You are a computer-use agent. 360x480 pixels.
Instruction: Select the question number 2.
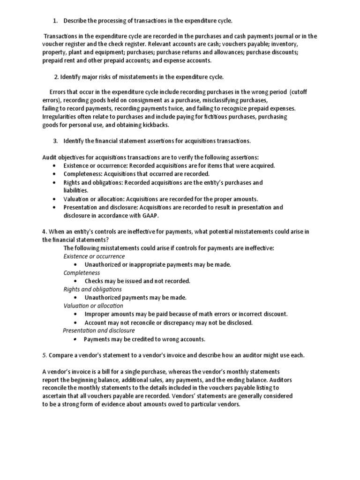click(x=56, y=77)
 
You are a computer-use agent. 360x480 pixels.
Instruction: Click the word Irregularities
click(x=59, y=116)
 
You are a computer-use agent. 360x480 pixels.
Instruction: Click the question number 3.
click(x=55, y=141)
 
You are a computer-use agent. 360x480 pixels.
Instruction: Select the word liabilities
click(x=75, y=190)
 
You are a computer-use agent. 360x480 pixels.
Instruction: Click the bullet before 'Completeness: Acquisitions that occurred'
click(x=56, y=174)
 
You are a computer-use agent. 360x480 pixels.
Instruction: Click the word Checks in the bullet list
click(x=94, y=281)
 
